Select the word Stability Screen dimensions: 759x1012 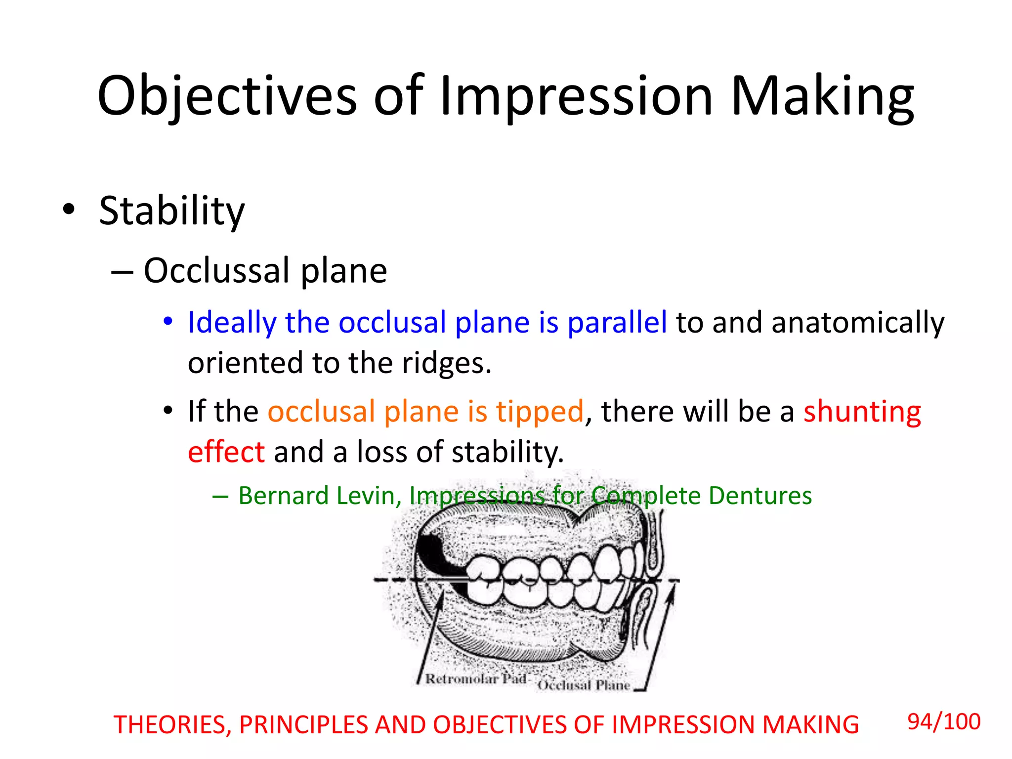[x=171, y=211]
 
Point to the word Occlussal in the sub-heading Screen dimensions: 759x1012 [x=216, y=271]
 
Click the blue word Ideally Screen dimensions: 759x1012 [x=232, y=323]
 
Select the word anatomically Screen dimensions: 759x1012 [x=858, y=323]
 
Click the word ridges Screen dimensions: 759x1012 [x=446, y=363]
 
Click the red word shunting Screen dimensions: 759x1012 [x=862, y=412]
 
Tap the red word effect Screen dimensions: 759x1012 [x=226, y=452]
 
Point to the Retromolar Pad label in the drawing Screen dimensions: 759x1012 [x=475, y=679]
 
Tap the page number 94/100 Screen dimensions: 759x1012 [x=944, y=722]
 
